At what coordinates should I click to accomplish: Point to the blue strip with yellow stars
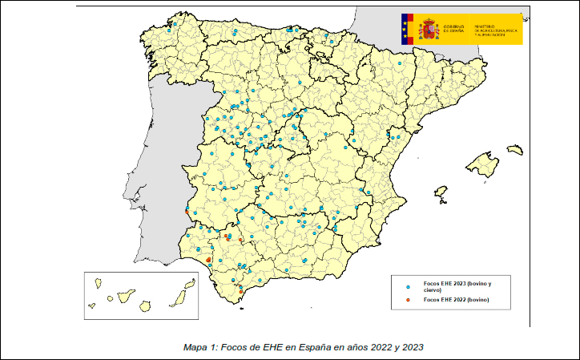(405, 28)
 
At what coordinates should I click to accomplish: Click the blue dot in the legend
(409, 286)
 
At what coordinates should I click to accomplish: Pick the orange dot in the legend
(409, 300)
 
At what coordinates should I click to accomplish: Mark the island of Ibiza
(440, 193)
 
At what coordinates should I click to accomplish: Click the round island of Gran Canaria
(146, 305)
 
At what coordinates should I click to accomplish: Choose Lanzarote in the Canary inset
(190, 282)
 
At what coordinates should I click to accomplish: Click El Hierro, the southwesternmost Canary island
(92, 305)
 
